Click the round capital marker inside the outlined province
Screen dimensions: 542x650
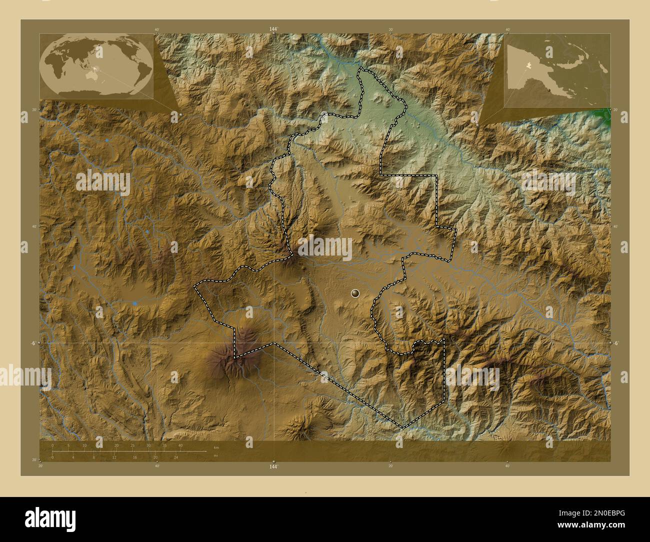(x=355, y=293)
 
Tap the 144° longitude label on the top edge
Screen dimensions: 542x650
(x=273, y=29)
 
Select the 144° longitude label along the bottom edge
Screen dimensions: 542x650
(x=273, y=467)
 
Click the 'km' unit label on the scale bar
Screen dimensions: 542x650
(x=216, y=447)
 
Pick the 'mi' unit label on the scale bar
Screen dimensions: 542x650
(x=216, y=455)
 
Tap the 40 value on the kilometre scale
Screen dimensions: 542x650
(x=180, y=445)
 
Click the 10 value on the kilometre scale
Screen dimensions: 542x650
(x=84, y=445)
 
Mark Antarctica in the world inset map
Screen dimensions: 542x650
(x=95, y=92)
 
